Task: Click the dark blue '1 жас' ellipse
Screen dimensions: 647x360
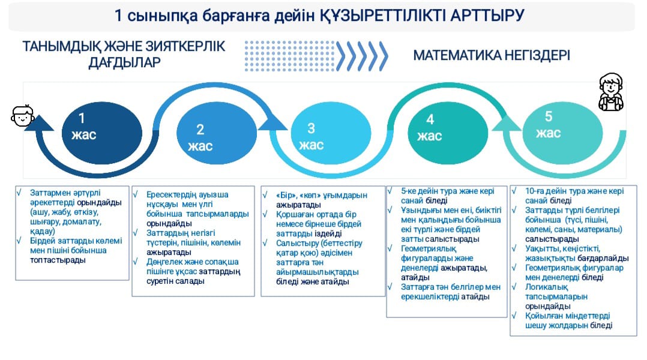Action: click(102, 133)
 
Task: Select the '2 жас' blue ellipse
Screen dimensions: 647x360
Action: click(217, 133)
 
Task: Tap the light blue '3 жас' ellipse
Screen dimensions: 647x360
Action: click(331, 133)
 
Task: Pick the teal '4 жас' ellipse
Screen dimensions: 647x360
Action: click(448, 133)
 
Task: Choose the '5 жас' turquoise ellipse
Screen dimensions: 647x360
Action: click(562, 133)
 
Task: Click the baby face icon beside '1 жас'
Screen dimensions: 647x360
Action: click(22, 115)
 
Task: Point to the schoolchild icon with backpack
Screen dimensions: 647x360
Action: click(611, 92)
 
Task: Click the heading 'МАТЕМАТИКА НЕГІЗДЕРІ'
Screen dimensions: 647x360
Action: click(492, 55)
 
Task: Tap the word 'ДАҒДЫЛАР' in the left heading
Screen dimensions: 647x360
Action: click(125, 62)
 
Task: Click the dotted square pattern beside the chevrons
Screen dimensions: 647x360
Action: click(290, 56)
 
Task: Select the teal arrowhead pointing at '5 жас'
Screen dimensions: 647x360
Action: click(507, 123)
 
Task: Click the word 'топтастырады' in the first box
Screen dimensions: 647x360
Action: click(58, 260)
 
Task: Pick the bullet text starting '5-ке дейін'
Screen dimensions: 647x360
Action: click(448, 196)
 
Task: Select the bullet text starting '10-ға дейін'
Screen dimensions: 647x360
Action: click(574, 196)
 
